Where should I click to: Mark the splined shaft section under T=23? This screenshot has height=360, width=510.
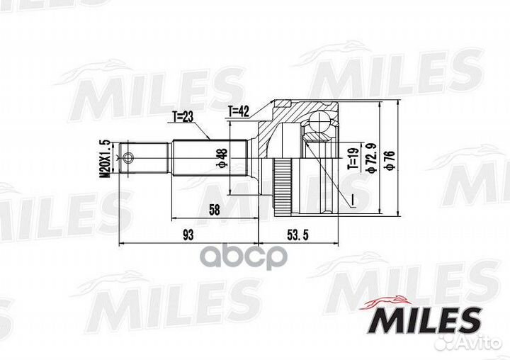tap(209, 157)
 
